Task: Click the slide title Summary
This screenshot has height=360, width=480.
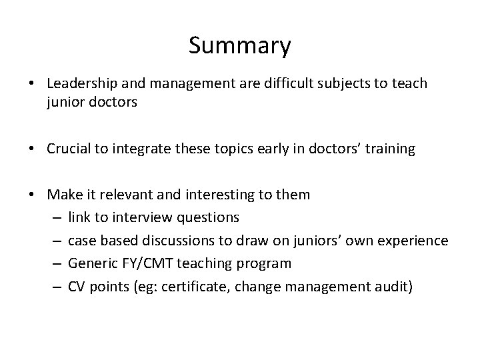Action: [239, 46]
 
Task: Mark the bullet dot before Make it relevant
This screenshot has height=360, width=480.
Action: [31, 195]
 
